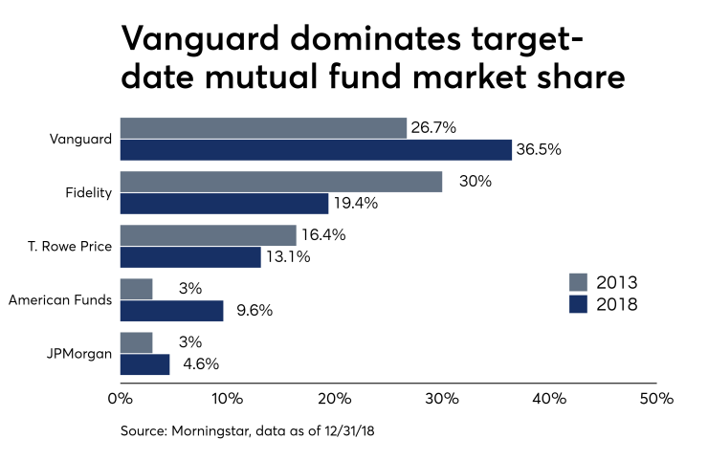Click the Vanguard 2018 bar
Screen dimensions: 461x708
(x=316, y=150)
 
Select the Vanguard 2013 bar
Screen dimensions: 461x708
(x=263, y=128)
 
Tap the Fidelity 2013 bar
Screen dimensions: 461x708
(x=281, y=182)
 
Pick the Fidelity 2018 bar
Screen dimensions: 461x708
(x=224, y=204)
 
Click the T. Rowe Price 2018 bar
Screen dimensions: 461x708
(x=190, y=257)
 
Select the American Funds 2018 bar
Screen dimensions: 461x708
(x=171, y=311)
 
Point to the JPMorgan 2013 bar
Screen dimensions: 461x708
(x=136, y=342)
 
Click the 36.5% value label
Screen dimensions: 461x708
(x=540, y=150)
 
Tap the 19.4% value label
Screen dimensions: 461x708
(x=356, y=204)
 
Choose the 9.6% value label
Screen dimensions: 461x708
(x=254, y=311)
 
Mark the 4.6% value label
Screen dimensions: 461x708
(x=200, y=364)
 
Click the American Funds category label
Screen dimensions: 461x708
(x=60, y=300)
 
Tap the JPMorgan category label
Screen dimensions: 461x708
(x=79, y=354)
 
